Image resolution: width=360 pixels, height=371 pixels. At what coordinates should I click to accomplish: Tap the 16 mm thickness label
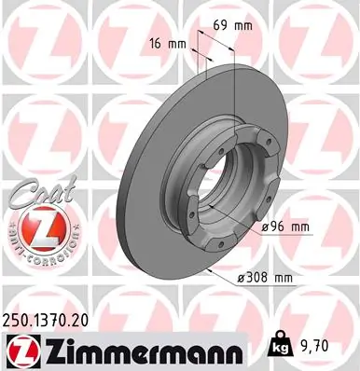pos(164,43)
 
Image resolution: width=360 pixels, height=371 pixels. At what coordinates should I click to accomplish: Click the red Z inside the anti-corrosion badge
pos(35,229)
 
